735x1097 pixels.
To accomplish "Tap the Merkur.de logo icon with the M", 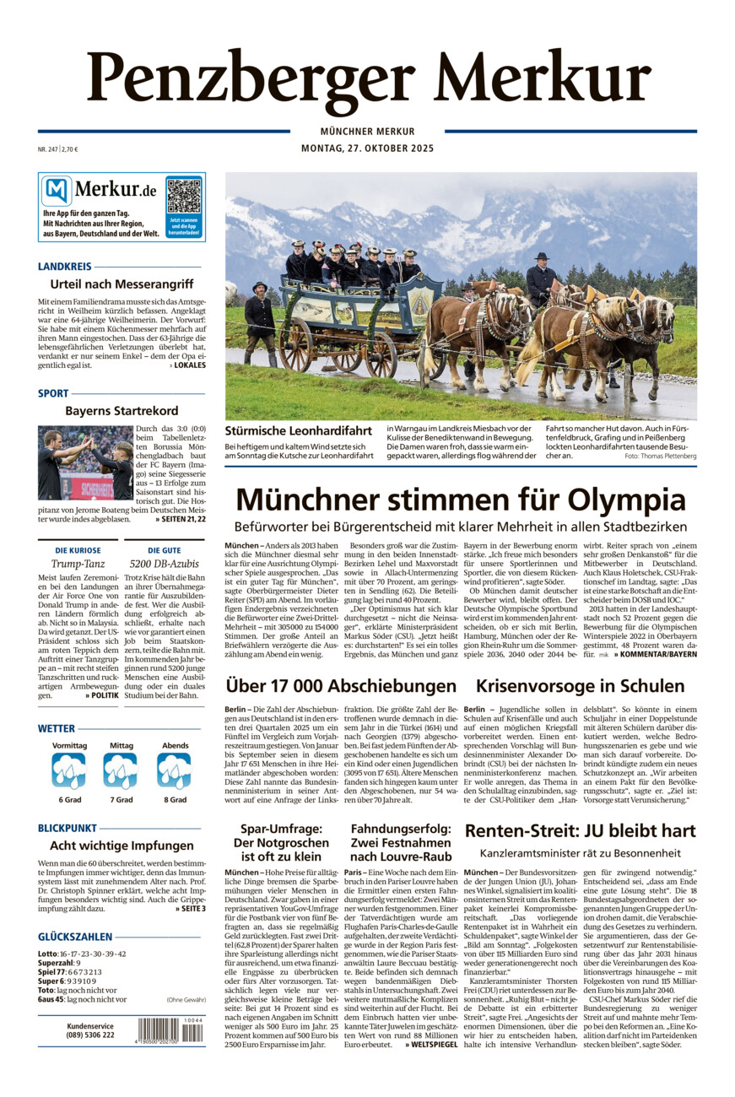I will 57,192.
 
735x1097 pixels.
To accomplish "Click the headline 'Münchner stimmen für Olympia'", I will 460,500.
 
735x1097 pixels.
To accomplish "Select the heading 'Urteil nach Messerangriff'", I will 122,284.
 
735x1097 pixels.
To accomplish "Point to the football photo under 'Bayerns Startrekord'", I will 85,462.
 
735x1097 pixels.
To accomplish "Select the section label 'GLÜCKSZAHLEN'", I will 75,937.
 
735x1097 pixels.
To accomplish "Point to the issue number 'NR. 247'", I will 49,149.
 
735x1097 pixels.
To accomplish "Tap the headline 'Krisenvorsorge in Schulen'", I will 580,686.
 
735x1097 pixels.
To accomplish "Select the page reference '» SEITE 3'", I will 190,908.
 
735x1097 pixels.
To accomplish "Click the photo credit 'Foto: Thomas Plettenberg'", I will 660,456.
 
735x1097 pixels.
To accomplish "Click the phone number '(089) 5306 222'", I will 90,1035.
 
